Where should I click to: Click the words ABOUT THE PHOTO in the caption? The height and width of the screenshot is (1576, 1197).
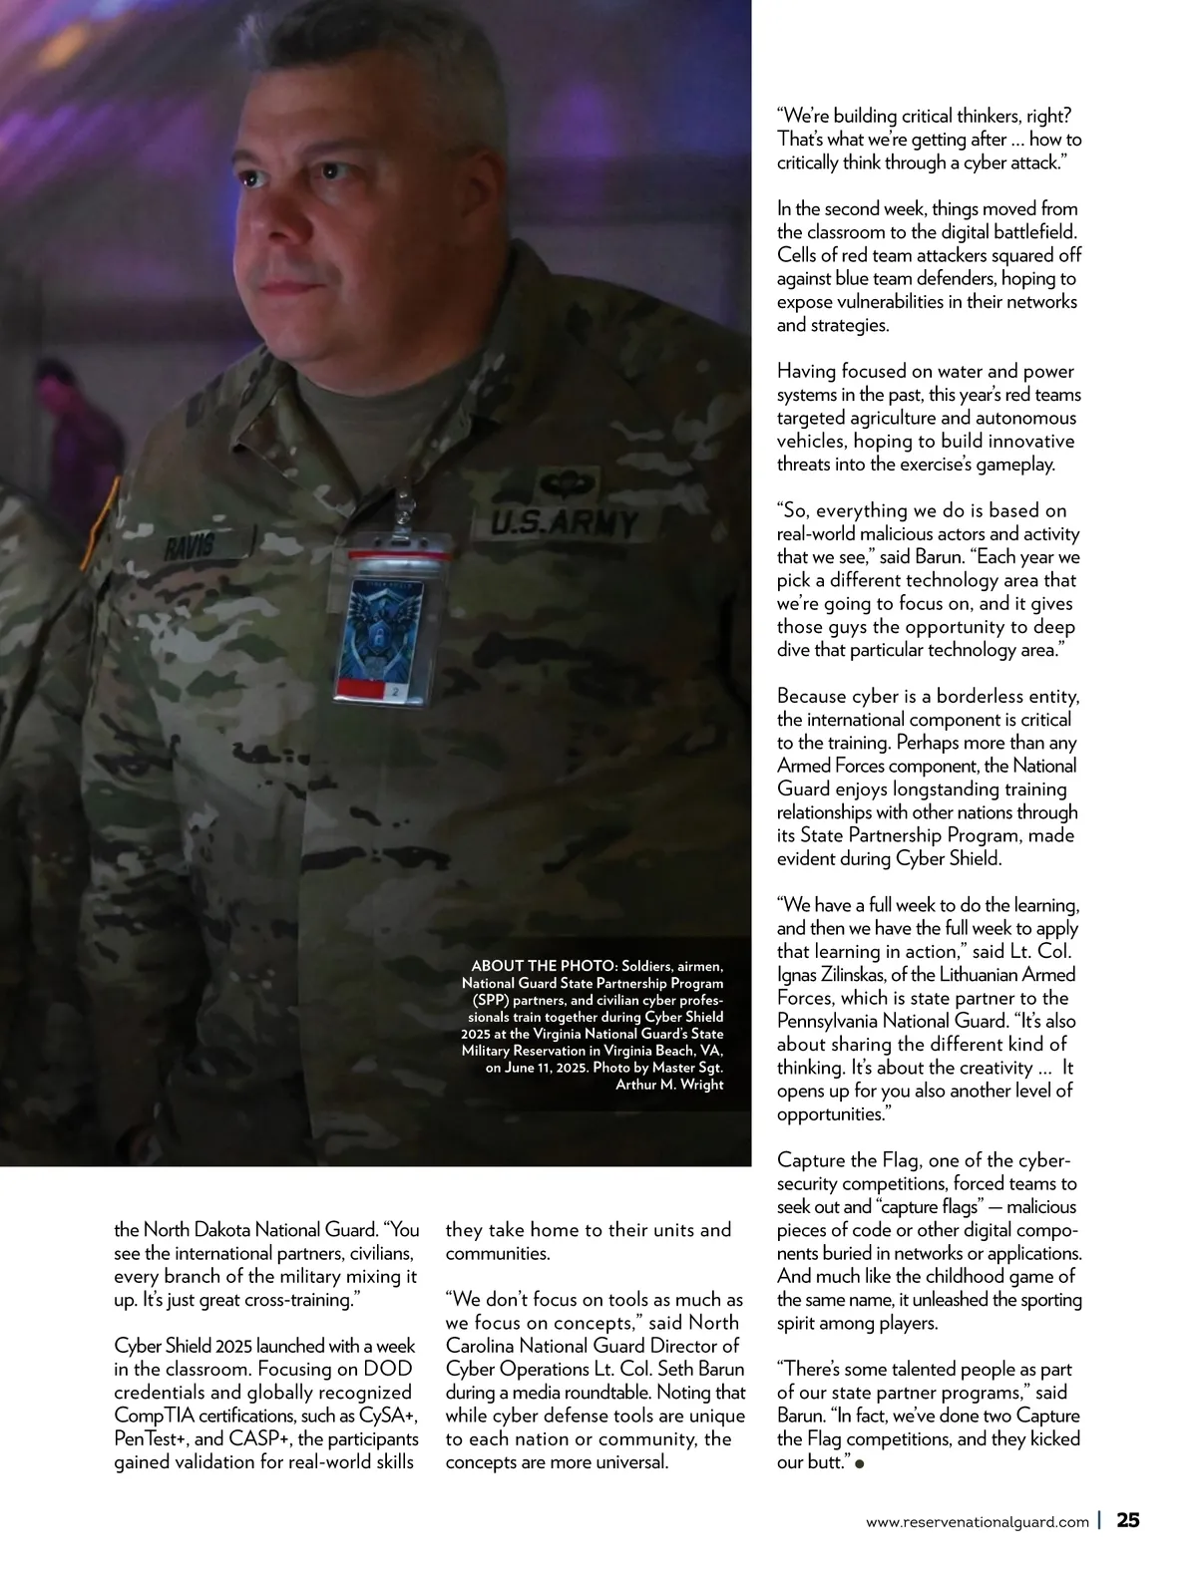click(541, 966)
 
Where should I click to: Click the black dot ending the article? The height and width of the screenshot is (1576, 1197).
click(860, 1463)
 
